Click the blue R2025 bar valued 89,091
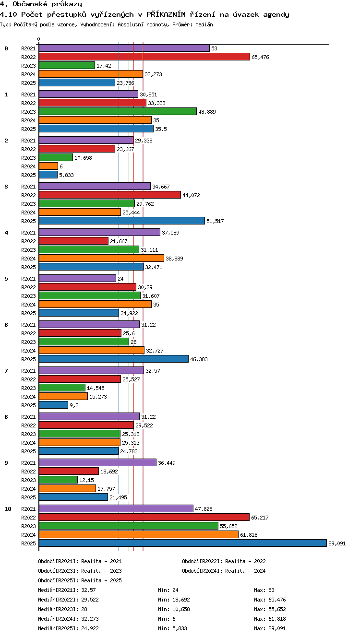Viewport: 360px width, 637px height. click(183, 543)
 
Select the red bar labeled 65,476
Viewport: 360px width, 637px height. click(144, 57)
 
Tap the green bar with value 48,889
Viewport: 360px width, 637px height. click(118, 111)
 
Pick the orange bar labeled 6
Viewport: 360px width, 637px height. click(48, 166)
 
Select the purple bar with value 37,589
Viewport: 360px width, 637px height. click(100, 232)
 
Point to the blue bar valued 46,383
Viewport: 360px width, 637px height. click(114, 359)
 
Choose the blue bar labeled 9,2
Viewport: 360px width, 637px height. click(53, 405)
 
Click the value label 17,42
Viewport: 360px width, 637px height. click(104, 66)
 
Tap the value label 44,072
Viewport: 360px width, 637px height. click(191, 195)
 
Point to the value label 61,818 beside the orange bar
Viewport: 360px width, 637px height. click(249, 535)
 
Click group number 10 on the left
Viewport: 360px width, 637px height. click(8, 509)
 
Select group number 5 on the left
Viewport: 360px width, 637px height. click(6, 279)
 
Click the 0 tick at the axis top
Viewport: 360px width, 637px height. click(39, 39)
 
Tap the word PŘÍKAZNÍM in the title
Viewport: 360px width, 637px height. click(166, 14)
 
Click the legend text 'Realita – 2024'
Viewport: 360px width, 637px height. click(245, 571)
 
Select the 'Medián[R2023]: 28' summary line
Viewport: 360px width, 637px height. click(62, 609)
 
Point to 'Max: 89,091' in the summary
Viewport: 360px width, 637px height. click(270, 628)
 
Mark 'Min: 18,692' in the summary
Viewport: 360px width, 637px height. click(174, 600)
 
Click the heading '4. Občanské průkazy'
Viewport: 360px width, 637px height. click(41, 4)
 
